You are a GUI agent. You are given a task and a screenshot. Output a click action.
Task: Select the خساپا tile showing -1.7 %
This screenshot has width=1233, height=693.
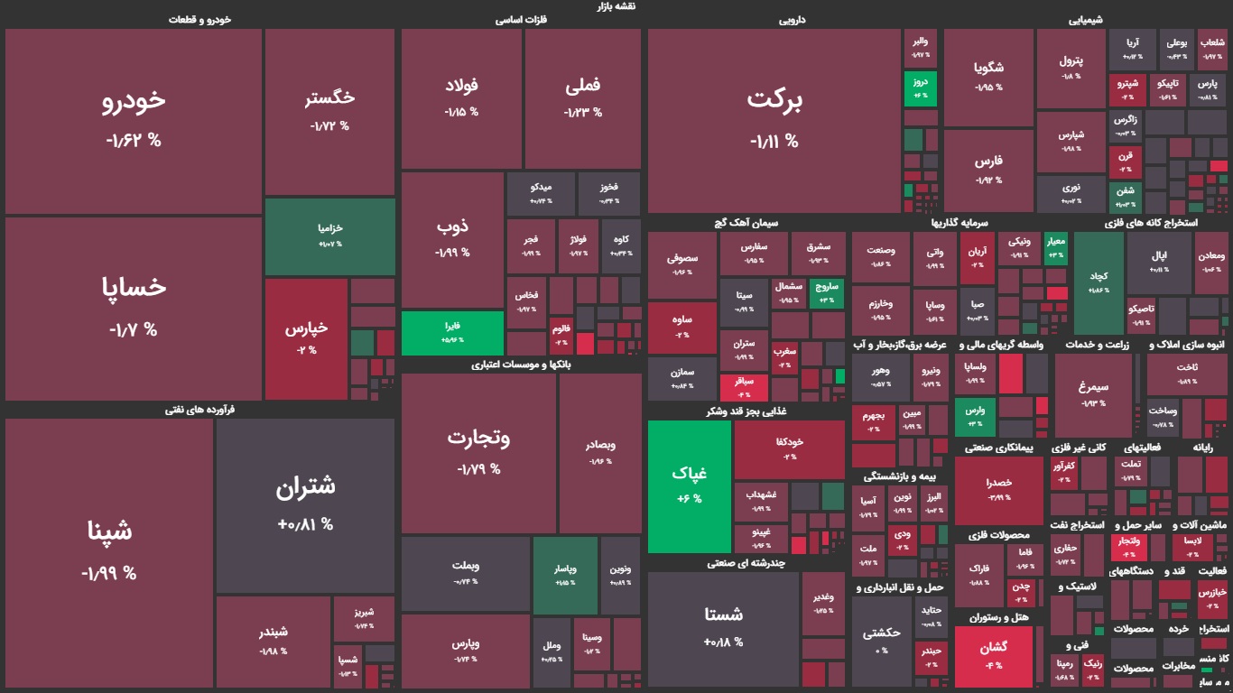point(134,307)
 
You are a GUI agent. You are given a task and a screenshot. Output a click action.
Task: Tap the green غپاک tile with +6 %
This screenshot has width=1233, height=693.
point(690,486)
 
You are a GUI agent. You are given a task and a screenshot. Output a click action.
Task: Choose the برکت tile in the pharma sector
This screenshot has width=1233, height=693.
point(774,119)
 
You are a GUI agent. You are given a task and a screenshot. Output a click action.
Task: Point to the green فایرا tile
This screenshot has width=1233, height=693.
point(452,332)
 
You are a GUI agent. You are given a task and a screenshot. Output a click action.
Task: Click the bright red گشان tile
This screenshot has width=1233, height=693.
point(992,653)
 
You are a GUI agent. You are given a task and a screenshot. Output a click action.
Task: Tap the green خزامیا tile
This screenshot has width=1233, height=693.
point(329,236)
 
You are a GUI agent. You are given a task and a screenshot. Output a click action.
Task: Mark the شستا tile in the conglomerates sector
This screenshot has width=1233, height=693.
point(723,627)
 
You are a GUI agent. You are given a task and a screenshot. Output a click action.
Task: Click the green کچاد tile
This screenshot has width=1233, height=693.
point(1098,282)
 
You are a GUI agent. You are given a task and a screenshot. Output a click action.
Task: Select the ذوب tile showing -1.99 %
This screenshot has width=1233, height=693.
point(452,238)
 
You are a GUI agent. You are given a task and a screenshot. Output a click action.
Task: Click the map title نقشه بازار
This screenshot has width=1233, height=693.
point(616,6)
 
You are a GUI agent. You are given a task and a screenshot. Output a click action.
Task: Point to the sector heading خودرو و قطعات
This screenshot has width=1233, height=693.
point(199,19)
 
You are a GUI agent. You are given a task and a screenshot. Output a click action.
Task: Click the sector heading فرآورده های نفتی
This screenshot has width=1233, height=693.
point(199,410)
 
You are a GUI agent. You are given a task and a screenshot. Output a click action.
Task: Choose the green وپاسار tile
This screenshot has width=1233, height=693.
point(565,576)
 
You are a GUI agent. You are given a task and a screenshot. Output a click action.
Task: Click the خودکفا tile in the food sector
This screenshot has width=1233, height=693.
point(789,448)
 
